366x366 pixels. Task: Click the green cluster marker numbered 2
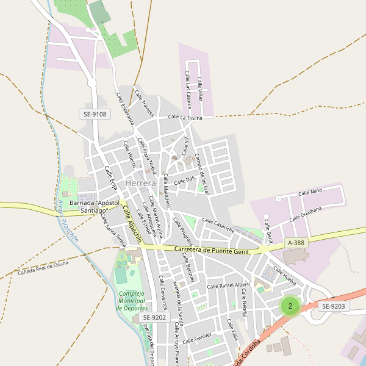pos(290,306)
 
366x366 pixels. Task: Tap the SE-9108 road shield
pos(96,114)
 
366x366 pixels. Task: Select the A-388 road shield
pos(295,243)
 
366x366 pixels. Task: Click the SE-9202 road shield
pos(155,318)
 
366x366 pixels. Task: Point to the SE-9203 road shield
pos(334,306)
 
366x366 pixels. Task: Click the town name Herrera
pos(141,183)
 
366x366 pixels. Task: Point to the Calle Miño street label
pos(310,193)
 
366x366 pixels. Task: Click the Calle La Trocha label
pos(185,117)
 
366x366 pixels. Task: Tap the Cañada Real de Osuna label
pos(43,267)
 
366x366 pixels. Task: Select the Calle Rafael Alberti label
pos(229,285)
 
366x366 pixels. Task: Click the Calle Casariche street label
pos(218,225)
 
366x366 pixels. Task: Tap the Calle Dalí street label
pos(184,181)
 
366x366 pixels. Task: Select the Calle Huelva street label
pos(284,276)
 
